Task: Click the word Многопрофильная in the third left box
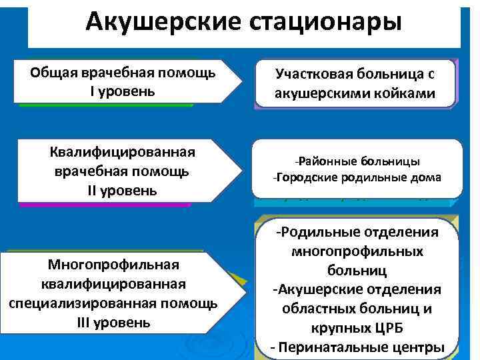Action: click(113, 265)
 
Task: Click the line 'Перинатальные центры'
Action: click(361, 347)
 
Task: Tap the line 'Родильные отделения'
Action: click(359, 231)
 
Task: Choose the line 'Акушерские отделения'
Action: click(359, 289)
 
